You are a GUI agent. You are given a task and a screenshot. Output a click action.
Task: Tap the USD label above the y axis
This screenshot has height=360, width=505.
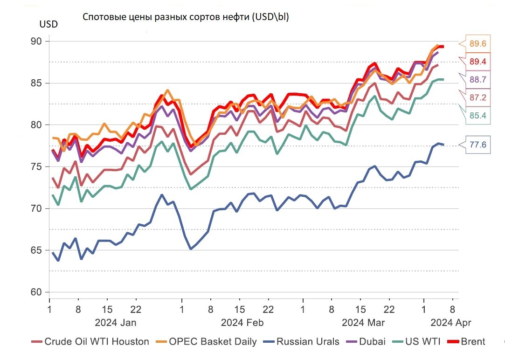click(48, 24)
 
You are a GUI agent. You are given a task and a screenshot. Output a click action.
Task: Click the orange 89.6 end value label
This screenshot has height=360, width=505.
click(478, 44)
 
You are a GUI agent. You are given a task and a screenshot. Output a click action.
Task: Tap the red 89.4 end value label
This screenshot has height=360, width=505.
click(478, 62)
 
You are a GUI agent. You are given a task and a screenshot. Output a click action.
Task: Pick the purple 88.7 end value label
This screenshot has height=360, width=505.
click(478, 79)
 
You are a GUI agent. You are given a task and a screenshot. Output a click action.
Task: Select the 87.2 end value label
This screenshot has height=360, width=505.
click(478, 97)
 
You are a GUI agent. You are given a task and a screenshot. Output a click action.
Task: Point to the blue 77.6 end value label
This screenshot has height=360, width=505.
click(478, 145)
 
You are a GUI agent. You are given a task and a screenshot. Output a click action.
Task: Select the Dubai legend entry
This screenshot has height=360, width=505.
click(373, 341)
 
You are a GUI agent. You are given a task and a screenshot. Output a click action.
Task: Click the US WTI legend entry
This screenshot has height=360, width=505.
click(422, 341)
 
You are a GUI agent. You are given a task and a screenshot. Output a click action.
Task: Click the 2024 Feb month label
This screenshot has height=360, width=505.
click(242, 322)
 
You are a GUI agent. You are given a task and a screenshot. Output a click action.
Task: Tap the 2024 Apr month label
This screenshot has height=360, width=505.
click(451, 322)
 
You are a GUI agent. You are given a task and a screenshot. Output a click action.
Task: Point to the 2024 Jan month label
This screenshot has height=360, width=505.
click(116, 322)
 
